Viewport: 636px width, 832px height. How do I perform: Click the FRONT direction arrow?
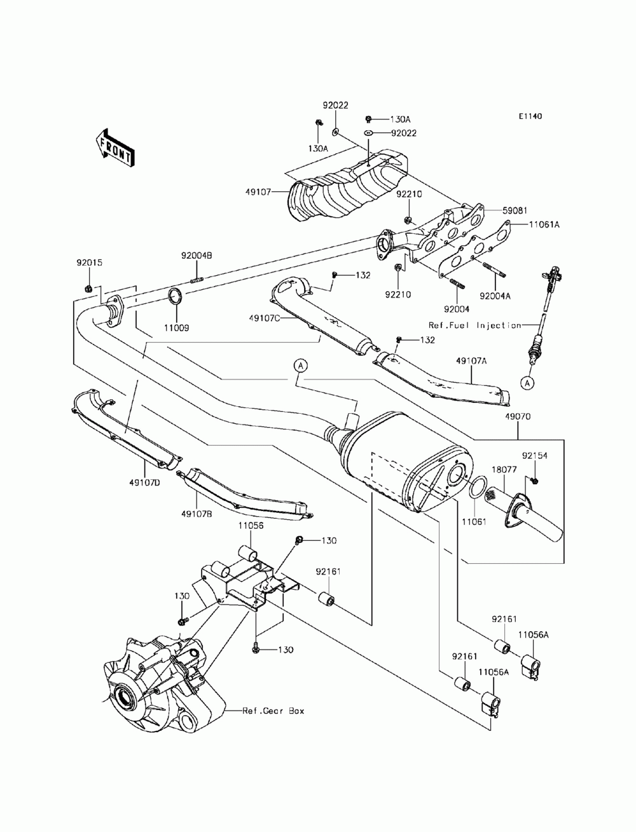(x=114, y=148)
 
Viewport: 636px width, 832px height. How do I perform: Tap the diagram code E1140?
(x=530, y=116)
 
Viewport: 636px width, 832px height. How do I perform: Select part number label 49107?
(x=258, y=192)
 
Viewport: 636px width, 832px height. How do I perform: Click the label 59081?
(x=515, y=210)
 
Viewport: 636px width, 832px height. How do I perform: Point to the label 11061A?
(x=544, y=225)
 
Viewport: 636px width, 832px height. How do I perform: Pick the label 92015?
(x=90, y=263)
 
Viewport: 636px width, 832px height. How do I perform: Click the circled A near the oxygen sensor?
(x=527, y=384)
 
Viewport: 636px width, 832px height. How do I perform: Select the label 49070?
(x=518, y=417)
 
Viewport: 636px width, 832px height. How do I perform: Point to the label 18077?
(x=504, y=470)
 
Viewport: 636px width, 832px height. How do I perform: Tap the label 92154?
(x=535, y=456)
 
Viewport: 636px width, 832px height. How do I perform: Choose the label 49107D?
(x=144, y=483)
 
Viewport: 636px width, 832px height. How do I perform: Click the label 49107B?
(x=197, y=514)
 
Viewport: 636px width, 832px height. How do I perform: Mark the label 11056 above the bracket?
(x=251, y=526)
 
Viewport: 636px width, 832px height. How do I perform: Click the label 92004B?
(x=197, y=256)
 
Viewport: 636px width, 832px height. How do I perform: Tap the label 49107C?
(x=265, y=318)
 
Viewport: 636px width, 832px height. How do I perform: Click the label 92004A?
(x=495, y=297)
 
